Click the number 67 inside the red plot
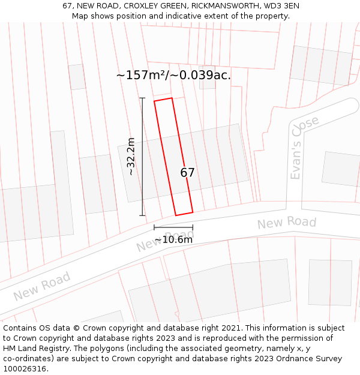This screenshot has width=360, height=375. pyautogui.click(x=187, y=173)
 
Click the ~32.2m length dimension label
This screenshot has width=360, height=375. pyautogui.click(x=131, y=157)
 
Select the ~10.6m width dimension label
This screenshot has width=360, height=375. pyautogui.click(x=173, y=240)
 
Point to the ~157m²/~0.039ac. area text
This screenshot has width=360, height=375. pyautogui.click(x=173, y=76)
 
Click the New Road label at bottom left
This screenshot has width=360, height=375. pyautogui.click(x=41, y=286)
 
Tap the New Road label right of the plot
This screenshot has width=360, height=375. pyautogui.click(x=287, y=223)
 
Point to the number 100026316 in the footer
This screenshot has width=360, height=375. pyautogui.click(x=24, y=368)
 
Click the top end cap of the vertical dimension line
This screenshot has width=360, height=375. pyautogui.click(x=142, y=98)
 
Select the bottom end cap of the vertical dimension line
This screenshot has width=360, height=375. pyautogui.click(x=142, y=215)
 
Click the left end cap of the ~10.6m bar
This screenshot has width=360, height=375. pyautogui.click(x=154, y=227)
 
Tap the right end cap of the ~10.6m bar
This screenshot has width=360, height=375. pyautogui.click(x=193, y=227)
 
